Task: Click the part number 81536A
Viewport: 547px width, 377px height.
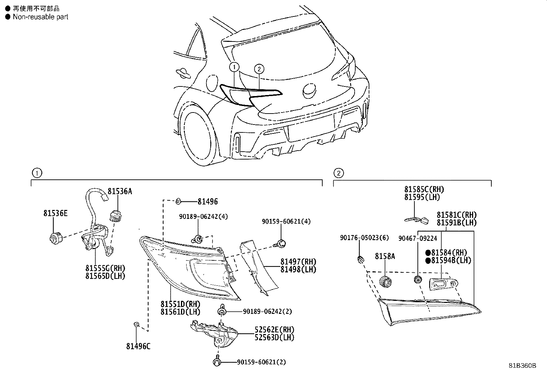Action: coord(120,191)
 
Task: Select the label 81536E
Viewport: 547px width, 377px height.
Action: coord(55,213)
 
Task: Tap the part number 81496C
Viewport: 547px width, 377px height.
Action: coord(138,346)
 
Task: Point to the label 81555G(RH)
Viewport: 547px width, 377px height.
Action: coord(105,268)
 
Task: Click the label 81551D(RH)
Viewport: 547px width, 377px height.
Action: coord(180,304)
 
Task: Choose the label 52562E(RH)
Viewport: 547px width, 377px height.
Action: coord(275,330)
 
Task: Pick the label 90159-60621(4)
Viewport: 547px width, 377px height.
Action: coord(286,221)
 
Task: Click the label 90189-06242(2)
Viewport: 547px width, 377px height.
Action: coord(267,311)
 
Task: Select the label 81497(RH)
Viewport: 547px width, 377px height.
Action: coord(298,262)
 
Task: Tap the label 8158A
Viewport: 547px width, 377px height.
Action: coord(385,256)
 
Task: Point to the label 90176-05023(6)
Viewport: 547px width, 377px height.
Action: coord(364,238)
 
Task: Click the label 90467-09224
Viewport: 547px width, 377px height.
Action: coord(418,238)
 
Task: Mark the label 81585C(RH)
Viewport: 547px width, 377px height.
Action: coord(424,189)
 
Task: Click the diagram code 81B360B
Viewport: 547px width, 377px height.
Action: coord(523,366)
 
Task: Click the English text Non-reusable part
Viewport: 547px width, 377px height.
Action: coord(41,17)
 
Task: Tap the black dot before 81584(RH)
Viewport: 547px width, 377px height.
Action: coord(428,252)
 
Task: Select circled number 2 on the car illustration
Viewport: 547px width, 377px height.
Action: coord(259,69)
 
